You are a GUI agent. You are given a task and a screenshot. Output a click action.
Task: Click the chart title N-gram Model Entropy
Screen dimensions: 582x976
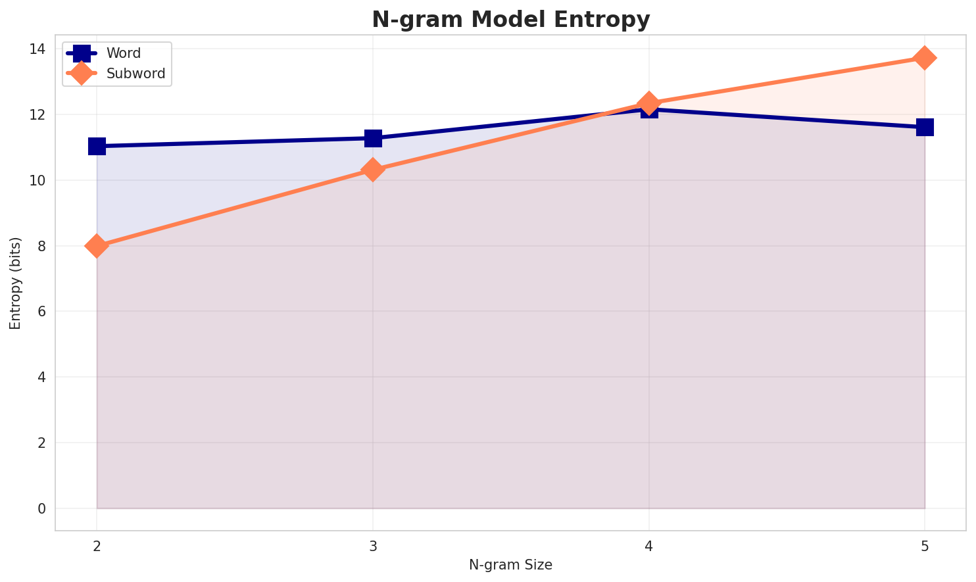(x=510, y=20)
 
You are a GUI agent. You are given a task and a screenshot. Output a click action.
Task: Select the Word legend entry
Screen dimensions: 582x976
(x=124, y=53)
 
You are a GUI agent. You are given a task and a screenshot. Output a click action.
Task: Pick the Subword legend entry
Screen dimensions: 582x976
(x=135, y=74)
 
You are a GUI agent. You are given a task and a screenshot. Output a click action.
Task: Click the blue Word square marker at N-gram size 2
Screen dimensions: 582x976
(x=97, y=146)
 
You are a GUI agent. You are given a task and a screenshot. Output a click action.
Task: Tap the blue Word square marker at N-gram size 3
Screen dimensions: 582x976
(x=373, y=138)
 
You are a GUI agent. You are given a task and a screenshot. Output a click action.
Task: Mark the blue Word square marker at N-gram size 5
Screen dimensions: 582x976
(x=925, y=127)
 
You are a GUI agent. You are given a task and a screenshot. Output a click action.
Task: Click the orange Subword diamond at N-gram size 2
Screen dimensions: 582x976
(x=97, y=246)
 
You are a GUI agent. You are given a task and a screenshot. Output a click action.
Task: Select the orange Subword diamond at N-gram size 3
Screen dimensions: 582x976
(x=373, y=170)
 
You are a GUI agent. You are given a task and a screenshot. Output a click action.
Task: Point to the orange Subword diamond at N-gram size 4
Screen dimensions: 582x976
(x=649, y=103)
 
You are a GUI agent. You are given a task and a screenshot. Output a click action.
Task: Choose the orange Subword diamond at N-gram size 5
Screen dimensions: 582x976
(x=925, y=58)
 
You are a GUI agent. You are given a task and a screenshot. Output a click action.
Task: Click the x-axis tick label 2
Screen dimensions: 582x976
(x=97, y=546)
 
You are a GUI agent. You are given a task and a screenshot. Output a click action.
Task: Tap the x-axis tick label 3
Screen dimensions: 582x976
(x=373, y=546)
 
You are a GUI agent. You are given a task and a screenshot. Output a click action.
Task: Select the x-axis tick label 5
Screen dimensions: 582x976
(x=925, y=546)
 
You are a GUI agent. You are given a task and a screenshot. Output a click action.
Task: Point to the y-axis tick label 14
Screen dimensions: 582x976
(x=37, y=49)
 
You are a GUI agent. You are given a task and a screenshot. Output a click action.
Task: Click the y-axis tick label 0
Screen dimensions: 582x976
(x=42, y=508)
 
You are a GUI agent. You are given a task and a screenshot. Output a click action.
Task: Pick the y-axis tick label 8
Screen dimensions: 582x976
(x=42, y=246)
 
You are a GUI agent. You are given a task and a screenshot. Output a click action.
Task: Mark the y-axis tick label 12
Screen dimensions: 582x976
(x=37, y=115)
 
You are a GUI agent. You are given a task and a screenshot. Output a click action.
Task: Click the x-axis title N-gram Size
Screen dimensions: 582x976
(x=510, y=565)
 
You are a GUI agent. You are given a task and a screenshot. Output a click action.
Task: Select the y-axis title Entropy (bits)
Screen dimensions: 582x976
(x=15, y=283)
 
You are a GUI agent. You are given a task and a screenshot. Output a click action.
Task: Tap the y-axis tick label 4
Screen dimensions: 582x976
(x=42, y=377)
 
